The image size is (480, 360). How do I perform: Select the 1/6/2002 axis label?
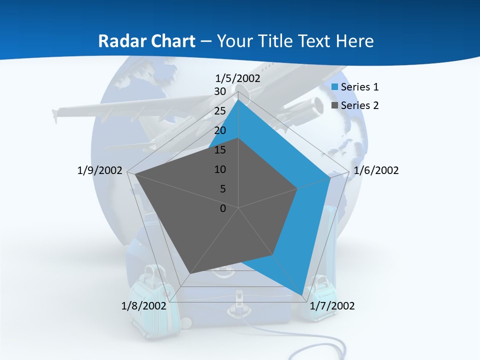click(376, 170)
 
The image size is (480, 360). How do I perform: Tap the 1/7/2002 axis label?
click(332, 306)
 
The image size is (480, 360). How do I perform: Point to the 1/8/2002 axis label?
click(143, 306)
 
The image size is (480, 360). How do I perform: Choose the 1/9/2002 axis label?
click(100, 170)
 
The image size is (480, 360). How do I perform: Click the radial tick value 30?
click(220, 91)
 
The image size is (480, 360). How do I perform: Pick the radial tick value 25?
click(220, 111)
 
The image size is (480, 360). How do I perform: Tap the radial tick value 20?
click(220, 130)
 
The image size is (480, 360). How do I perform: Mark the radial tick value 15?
click(220, 150)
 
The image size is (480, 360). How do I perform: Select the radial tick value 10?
click(220, 169)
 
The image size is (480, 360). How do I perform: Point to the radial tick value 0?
click(223, 208)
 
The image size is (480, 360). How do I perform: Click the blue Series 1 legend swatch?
click(335, 87)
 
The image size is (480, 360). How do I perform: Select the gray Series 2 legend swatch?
click(335, 105)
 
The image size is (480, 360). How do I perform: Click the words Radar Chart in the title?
click(146, 41)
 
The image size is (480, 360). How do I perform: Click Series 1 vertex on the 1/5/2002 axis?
click(238, 100)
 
